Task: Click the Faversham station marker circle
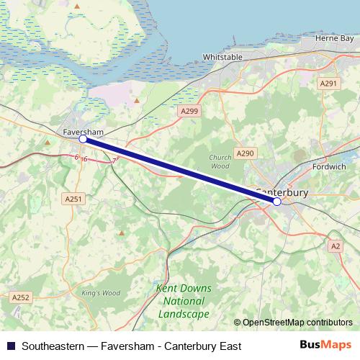(x=83, y=140)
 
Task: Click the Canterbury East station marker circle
(x=277, y=202)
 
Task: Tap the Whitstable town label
(x=222, y=56)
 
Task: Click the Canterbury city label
(x=282, y=192)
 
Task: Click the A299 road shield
(x=189, y=111)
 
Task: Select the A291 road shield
(x=328, y=84)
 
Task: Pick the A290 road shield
(x=246, y=153)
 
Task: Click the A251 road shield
(x=73, y=198)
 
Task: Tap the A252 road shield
(x=20, y=296)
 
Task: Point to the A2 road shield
(x=335, y=246)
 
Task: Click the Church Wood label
(x=220, y=161)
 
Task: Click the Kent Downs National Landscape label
(x=184, y=301)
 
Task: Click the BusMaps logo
(x=326, y=346)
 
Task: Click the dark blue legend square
(x=10, y=346)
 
